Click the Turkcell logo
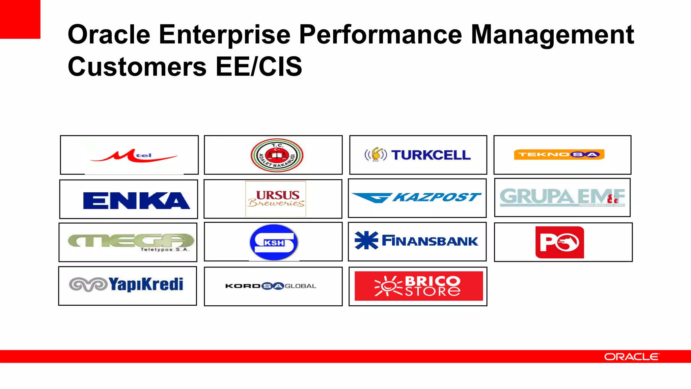[x=418, y=155]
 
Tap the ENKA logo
[x=136, y=200]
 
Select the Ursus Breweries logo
[x=276, y=198]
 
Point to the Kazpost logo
[x=417, y=197]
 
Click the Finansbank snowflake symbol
[x=366, y=241]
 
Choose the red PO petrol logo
[x=559, y=242]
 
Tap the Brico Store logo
[x=418, y=286]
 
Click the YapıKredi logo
[x=127, y=284]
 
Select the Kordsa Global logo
[x=271, y=286]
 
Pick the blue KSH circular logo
[x=274, y=242]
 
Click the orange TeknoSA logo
[x=559, y=155]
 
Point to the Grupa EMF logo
[x=562, y=197]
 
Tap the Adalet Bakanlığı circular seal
[x=277, y=155]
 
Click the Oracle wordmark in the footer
[x=631, y=357]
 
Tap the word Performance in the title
[x=380, y=34]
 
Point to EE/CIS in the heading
[x=259, y=66]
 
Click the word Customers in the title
[x=137, y=66]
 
